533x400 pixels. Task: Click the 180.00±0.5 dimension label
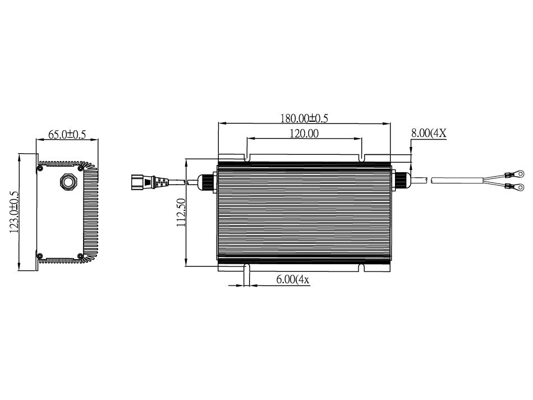(304, 118)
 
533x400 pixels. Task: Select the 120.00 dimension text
(304, 134)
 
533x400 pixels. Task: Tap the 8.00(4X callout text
(428, 133)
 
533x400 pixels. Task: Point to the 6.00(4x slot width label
(293, 280)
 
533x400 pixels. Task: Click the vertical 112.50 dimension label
(181, 213)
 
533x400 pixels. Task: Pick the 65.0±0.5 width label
(67, 134)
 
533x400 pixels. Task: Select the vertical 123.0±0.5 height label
(13, 212)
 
